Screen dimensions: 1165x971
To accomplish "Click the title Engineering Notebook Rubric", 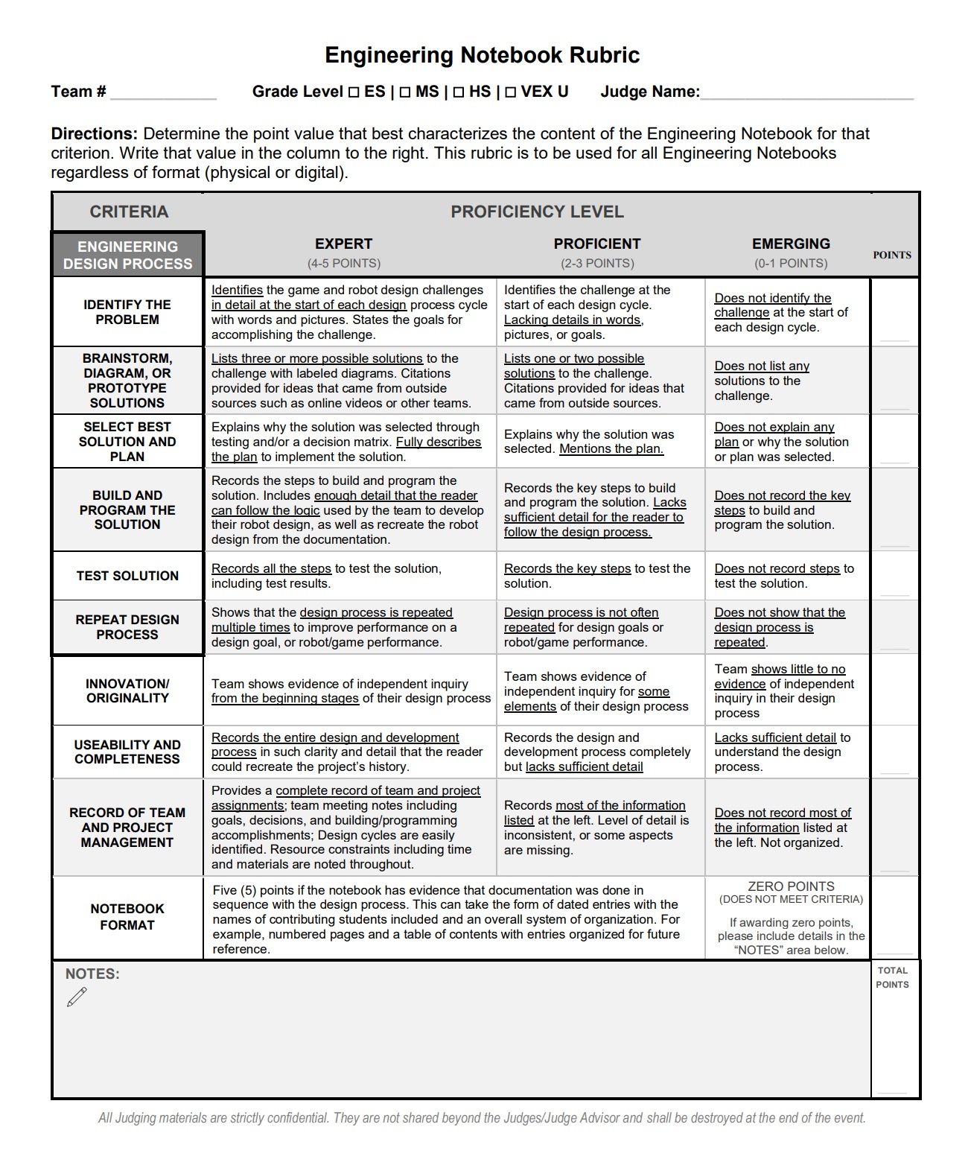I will point(482,55).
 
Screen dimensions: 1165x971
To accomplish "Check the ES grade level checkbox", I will point(354,92).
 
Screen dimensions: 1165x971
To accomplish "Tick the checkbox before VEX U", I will point(510,92).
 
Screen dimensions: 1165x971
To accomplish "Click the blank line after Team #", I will point(163,95).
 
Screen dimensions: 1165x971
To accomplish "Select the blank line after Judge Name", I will point(806,95).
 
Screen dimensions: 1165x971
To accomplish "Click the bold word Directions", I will point(94,134).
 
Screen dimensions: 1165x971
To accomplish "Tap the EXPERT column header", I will point(343,244).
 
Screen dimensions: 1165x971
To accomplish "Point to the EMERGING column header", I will point(790,244).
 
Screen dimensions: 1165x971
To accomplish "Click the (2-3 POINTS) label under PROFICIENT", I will point(597,264).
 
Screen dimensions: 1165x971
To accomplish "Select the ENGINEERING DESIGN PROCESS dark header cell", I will point(127,255).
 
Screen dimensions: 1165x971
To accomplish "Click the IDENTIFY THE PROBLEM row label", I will point(127,312).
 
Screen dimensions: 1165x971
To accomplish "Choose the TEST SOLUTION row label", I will point(127,576).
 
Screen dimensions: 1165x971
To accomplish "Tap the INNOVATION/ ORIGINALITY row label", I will point(127,691).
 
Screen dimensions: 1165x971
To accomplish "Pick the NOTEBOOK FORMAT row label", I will point(127,917).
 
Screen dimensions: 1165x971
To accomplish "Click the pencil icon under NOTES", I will point(77,997).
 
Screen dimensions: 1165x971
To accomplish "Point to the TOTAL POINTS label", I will point(892,977).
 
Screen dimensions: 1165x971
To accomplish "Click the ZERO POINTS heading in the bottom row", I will point(791,886).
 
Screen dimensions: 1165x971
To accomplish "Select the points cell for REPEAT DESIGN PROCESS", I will point(894,627).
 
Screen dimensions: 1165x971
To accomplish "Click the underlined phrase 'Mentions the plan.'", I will point(611,449).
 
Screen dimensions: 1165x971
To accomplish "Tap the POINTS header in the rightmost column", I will point(892,255).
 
